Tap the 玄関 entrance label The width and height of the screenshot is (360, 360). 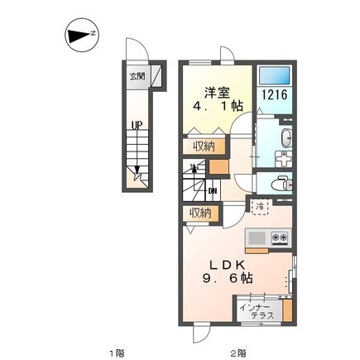[137, 76]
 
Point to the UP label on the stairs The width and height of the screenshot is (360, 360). [137, 127]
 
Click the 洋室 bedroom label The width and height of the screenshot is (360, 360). [218, 93]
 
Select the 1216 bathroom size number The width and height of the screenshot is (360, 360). [275, 95]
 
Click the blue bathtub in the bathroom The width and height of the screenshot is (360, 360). [275, 74]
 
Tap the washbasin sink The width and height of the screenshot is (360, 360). [286, 138]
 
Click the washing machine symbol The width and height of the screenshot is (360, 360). [283, 160]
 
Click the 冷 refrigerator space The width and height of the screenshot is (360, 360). [260, 207]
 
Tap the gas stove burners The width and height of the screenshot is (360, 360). [280, 237]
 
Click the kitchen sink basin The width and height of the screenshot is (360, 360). [257, 238]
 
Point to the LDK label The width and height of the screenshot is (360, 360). [228, 265]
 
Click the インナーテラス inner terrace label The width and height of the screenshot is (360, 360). [257, 311]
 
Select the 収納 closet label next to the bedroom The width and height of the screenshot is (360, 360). [204, 146]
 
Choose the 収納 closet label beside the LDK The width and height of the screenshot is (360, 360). [201, 213]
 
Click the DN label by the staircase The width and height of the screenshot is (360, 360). [213, 190]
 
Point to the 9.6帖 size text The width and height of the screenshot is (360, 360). [228, 279]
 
